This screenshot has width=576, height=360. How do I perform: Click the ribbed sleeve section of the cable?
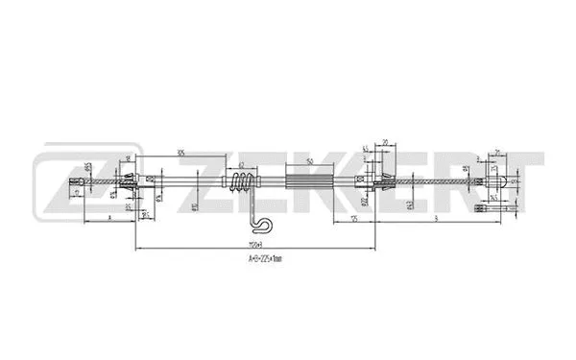pos(309,180)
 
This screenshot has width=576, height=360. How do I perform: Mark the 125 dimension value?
pos(353,218)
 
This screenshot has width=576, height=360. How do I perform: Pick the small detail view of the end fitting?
pos(489,204)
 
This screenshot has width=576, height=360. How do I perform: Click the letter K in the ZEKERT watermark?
pos(307,182)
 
